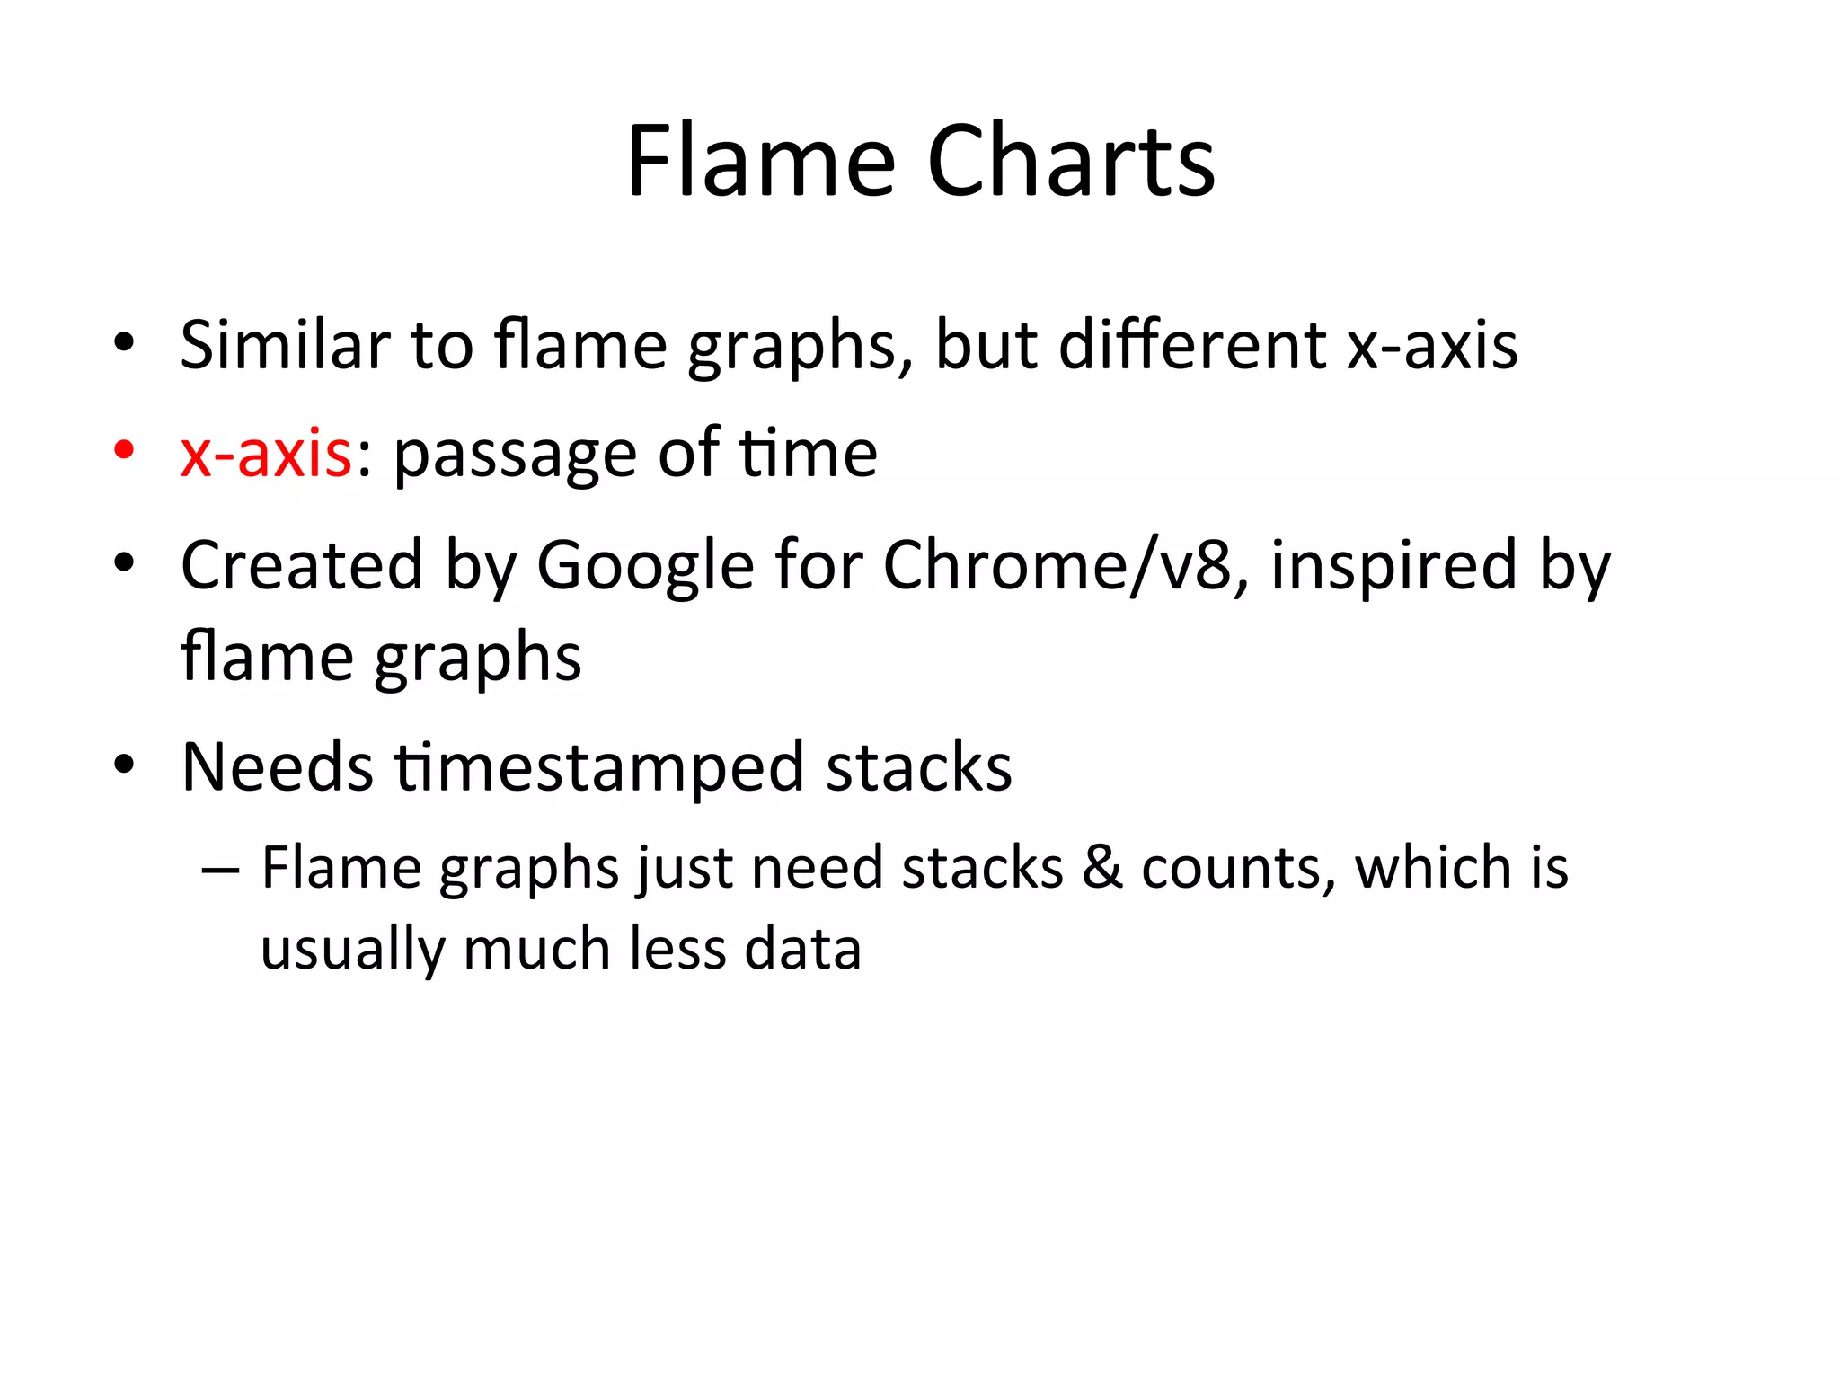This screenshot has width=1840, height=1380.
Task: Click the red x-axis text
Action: pos(266,454)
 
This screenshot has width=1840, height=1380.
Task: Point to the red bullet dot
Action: pos(124,448)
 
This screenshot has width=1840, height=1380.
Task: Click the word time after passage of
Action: pos(808,454)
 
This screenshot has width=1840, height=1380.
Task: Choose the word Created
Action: pos(302,566)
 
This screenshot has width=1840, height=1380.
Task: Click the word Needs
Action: pos(277,768)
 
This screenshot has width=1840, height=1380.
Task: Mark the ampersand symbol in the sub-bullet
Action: pos(1102,868)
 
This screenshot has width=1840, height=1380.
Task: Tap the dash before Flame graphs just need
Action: pos(221,870)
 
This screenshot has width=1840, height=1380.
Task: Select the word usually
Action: pos(353,951)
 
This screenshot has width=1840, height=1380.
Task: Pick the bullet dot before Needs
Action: pos(124,765)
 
